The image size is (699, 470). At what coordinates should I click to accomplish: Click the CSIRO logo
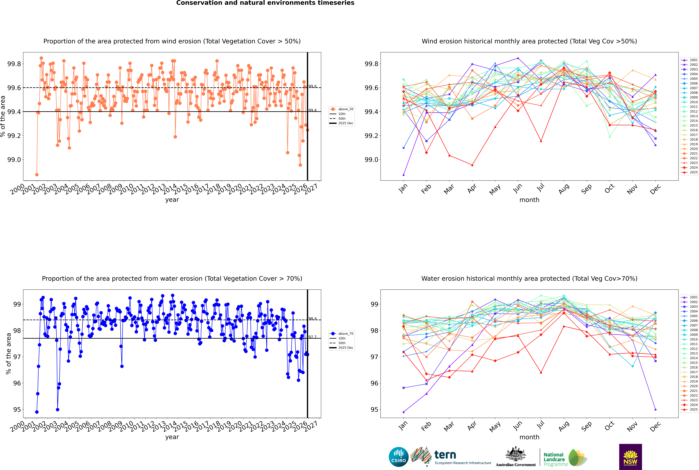[399, 457]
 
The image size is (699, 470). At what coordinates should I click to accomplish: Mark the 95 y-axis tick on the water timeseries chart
[17, 409]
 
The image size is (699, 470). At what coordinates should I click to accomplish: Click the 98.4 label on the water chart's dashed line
[312, 319]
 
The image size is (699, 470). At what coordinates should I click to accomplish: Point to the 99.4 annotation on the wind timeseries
[312, 110]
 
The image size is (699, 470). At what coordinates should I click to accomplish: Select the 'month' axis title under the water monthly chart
[529, 437]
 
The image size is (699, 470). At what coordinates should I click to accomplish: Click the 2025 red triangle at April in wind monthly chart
[472, 165]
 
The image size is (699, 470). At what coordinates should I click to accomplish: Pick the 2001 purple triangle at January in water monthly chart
[404, 412]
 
